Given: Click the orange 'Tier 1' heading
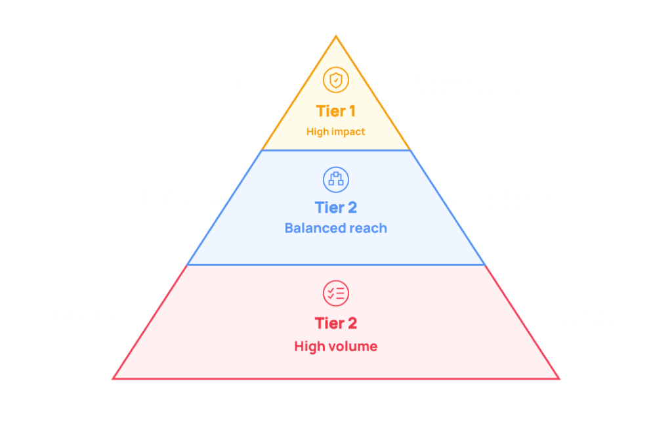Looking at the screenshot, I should [335, 111].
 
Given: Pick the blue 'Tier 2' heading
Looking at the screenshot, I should [335, 208].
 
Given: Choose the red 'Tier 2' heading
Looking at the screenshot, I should [335, 324].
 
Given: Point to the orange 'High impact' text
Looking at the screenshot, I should [335, 132].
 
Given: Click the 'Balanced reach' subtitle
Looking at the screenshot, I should [335, 228].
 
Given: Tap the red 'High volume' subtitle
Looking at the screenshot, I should [335, 346].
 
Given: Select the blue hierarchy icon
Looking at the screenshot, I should [336, 179].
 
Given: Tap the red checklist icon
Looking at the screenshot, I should [336, 293].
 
